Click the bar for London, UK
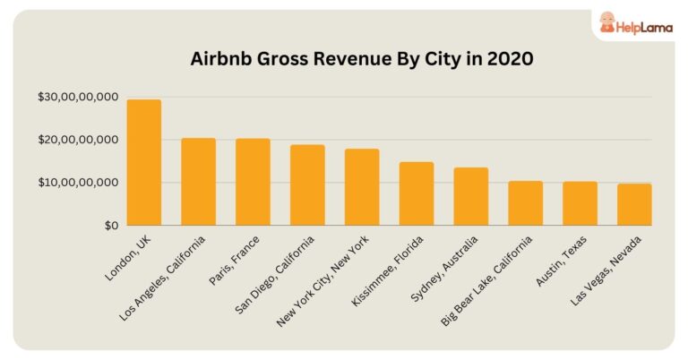[143, 163]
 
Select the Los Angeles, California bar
[198, 182]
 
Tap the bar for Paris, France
[253, 182]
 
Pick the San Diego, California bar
[307, 185]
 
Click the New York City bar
[362, 187]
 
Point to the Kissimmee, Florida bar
[416, 193]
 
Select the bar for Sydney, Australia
[470, 196]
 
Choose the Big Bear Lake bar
[525, 203]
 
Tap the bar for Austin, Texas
[580, 203]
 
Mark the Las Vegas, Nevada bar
[634, 204]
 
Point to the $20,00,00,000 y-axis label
[78, 140]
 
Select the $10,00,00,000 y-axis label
[78, 183]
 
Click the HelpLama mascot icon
[606, 22]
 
